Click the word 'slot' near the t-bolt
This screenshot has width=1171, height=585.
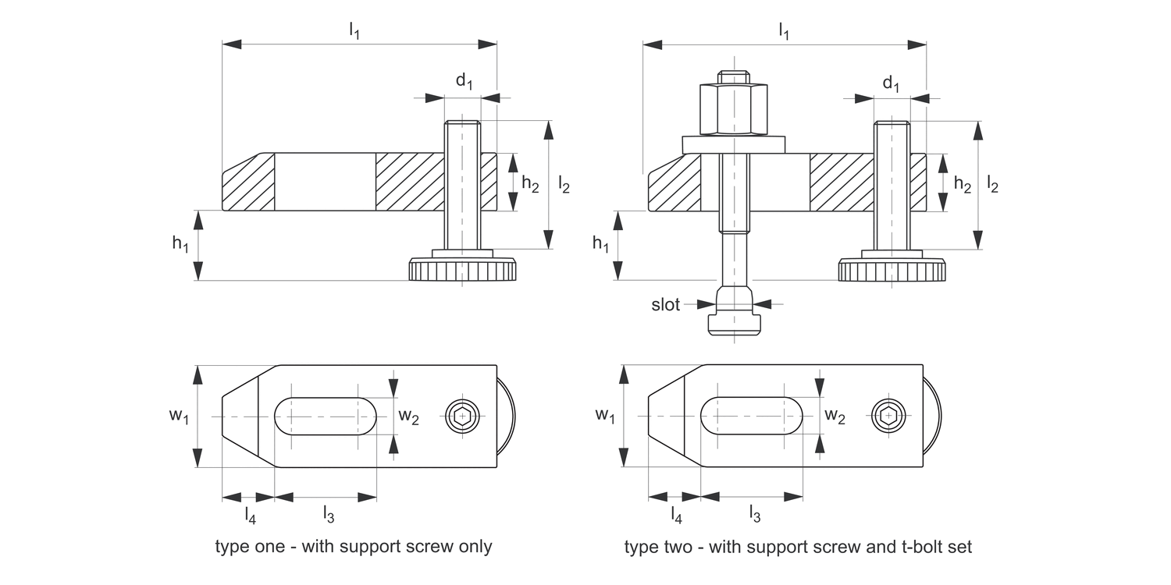pos(666,305)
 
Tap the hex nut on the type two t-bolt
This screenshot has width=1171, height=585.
pos(734,109)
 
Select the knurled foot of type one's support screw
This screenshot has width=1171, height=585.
pos(462,271)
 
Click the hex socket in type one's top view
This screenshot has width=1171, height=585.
pos(463,417)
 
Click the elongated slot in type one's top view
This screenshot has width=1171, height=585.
pos(326,417)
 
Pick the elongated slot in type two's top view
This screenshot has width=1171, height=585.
pos(752,417)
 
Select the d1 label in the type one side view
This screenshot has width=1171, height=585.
pos(464,80)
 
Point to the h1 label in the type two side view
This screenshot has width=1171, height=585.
pos(600,244)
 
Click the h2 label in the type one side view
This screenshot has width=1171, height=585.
pos(530,184)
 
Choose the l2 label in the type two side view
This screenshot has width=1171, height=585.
pos(992,184)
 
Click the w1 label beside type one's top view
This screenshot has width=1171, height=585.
pos(180,417)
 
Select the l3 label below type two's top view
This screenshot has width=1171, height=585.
pos(754,513)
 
